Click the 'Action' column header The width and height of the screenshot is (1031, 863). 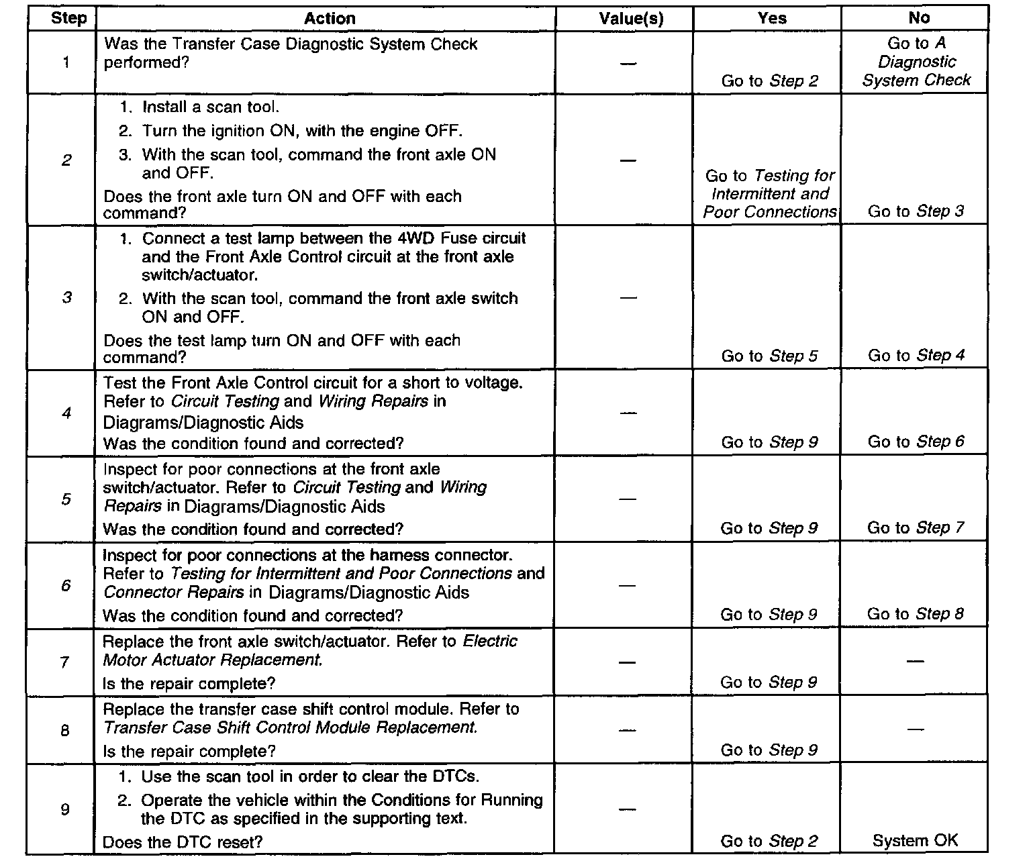(330, 19)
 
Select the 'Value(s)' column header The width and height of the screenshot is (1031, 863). (630, 19)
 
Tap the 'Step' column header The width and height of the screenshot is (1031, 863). (68, 18)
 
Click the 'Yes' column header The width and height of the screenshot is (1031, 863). (772, 18)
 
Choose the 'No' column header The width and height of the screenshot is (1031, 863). (919, 18)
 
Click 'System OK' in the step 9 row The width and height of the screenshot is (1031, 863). (915, 840)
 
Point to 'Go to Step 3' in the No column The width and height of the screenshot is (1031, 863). (916, 211)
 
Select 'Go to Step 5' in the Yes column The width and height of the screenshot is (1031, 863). (769, 356)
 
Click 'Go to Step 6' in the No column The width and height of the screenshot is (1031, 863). (916, 442)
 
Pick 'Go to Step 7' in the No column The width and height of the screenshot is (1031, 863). (916, 527)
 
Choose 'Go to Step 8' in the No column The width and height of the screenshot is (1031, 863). (916, 614)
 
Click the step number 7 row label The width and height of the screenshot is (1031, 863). (65, 663)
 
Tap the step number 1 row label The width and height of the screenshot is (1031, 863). (66, 63)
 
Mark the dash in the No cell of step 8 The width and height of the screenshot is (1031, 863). (915, 729)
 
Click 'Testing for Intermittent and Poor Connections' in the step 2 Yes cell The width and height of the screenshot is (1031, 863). (770, 194)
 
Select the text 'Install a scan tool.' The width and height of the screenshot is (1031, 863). (211, 107)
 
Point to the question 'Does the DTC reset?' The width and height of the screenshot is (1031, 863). (183, 842)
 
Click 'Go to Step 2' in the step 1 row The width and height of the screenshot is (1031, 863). (770, 81)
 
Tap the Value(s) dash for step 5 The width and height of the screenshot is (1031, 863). (628, 499)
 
